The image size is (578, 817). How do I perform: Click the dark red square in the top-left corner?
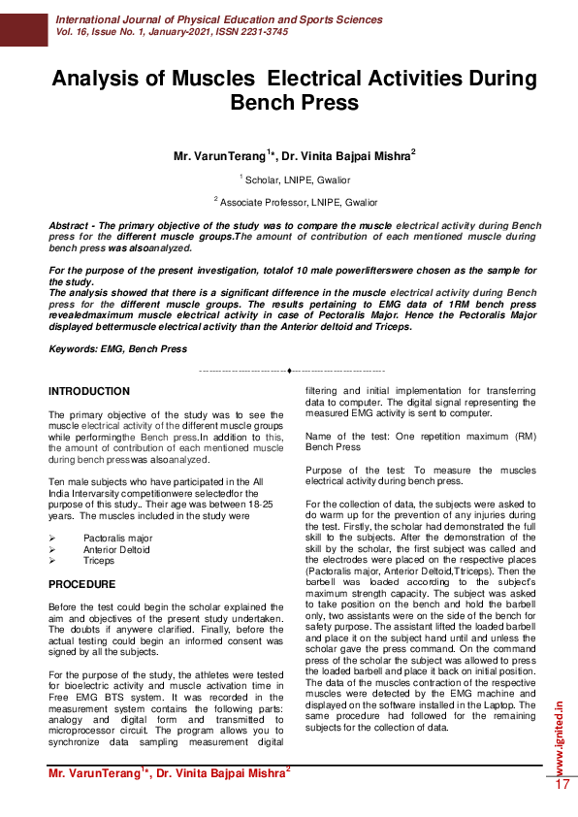tap(23, 23)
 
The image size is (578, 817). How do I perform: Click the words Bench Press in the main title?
tap(294, 102)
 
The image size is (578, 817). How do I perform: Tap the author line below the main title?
tap(294, 155)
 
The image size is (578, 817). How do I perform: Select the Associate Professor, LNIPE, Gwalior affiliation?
tap(295, 201)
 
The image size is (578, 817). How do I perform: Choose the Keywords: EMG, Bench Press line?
tap(117, 348)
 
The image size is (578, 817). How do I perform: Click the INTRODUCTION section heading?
tap(89, 391)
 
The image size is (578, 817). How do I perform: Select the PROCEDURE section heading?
tap(82, 584)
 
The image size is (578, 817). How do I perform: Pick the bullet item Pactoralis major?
tap(117, 537)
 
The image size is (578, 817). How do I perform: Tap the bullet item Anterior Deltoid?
tap(116, 548)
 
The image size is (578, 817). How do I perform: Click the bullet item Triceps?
tap(98, 560)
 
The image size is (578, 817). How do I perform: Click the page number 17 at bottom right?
tap(562, 784)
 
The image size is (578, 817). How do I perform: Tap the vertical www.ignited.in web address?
tap(562, 734)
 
